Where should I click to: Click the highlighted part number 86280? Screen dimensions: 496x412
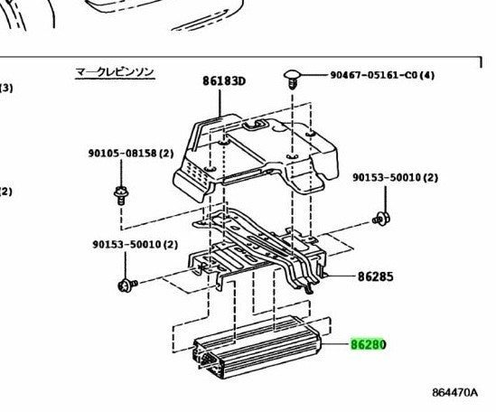coord(369,344)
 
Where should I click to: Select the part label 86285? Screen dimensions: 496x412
coord(376,276)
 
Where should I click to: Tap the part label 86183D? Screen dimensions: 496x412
coord(224,81)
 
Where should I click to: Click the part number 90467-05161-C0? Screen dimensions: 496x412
coord(376,75)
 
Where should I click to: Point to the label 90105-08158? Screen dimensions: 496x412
coord(122,154)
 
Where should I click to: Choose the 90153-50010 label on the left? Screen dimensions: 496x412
coord(126,244)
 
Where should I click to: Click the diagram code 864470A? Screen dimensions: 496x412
coord(454,392)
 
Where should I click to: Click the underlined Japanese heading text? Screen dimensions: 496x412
coord(115,72)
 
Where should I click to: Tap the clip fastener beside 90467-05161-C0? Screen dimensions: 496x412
coord(292,80)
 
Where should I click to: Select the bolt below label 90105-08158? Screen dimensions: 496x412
coord(121,195)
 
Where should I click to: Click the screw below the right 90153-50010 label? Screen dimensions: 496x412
coord(381,219)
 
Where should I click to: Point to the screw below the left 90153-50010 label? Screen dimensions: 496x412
coord(127,285)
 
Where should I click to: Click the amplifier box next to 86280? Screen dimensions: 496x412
coord(257,347)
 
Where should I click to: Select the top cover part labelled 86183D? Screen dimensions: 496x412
coord(256,156)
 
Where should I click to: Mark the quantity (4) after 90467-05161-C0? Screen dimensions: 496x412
coord(428,75)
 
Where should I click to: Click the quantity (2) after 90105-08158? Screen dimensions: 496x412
coord(166,154)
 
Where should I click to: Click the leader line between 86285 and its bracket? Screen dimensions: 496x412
coord(340,276)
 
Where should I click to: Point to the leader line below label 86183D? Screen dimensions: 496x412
coord(220,103)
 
